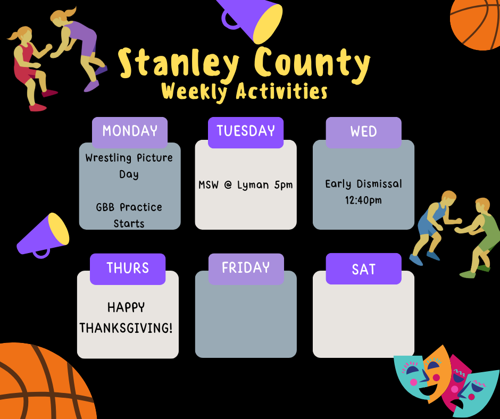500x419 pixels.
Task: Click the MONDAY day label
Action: click(x=130, y=131)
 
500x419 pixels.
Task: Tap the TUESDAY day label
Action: click(x=246, y=130)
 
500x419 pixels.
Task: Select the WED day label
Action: click(x=363, y=132)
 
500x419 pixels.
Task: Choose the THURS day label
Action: click(x=128, y=268)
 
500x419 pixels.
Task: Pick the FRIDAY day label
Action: click(x=246, y=268)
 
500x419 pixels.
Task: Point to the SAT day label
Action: click(x=363, y=270)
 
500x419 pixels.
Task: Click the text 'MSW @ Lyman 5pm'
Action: click(x=246, y=185)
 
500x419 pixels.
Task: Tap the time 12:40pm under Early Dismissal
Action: click(x=363, y=201)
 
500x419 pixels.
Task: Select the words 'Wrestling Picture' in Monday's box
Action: click(x=129, y=158)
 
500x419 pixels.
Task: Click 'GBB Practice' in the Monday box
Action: click(x=129, y=207)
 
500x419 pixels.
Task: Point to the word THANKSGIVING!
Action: click(x=126, y=328)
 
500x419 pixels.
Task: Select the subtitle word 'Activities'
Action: click(x=281, y=92)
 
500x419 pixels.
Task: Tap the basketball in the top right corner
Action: click(x=477, y=21)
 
